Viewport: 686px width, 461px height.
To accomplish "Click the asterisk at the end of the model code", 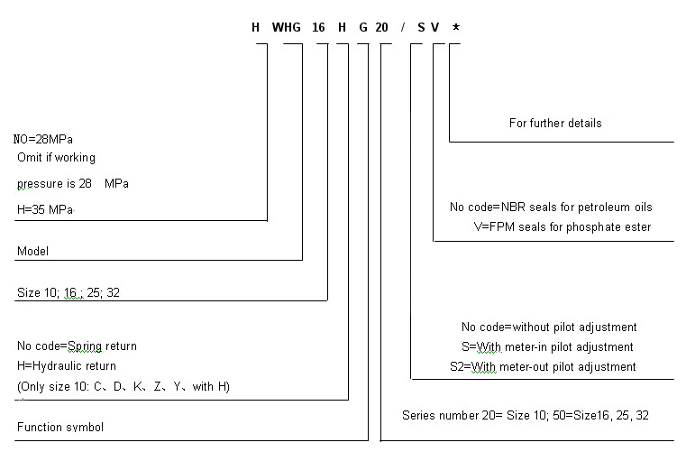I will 456,26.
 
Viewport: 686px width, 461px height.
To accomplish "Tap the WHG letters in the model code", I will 289,27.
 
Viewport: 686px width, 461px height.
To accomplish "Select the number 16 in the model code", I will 318,27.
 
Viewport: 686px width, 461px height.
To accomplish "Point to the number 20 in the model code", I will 381,27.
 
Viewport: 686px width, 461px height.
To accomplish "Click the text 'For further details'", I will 555,123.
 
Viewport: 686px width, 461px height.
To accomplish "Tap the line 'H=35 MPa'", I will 45,209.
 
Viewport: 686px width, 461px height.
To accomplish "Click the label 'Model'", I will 32,252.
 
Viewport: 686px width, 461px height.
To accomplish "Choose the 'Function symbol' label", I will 60,427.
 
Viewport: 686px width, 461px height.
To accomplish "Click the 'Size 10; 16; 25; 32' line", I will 69,293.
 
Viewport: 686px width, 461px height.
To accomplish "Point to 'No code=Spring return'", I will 78,346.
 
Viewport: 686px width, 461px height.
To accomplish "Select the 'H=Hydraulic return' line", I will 67,366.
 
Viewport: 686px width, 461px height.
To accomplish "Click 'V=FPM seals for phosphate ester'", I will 562,227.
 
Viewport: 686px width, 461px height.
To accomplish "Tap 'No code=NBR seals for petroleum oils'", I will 551,207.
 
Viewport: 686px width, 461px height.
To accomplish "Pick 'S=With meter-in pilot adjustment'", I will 547,346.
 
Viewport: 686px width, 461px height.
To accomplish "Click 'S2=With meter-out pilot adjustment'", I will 543,366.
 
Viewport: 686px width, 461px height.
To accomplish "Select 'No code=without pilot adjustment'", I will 549,327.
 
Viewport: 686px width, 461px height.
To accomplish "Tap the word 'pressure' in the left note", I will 40,183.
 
